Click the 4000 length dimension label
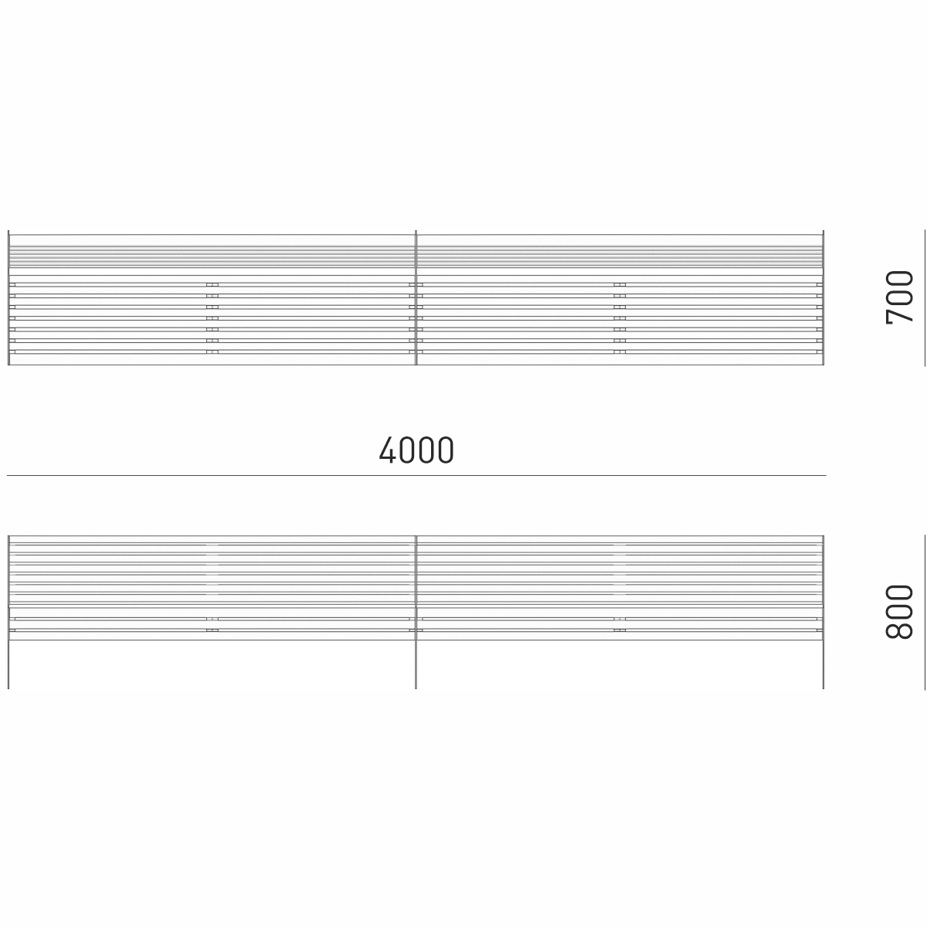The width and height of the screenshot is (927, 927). (416, 450)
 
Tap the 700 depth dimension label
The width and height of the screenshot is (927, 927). (899, 297)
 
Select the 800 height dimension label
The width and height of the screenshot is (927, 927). (899, 611)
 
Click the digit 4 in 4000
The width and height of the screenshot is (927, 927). (387, 450)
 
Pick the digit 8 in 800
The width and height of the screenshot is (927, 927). (899, 631)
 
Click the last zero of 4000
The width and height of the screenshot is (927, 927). (446, 450)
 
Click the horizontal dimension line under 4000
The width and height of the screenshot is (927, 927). (416, 475)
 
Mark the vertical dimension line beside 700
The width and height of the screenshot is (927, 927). (925, 297)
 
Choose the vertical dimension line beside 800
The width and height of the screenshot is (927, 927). (925, 612)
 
